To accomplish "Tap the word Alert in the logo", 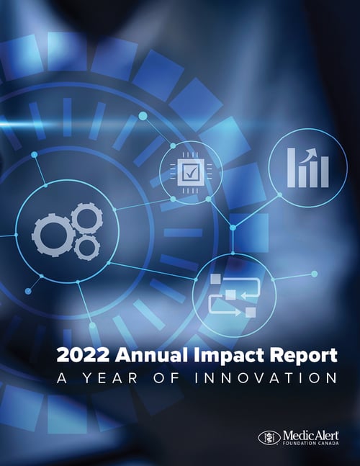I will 322,435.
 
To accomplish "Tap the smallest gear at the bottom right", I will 87,248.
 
